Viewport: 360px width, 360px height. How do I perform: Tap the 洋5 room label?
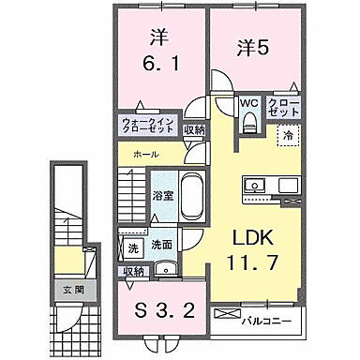[x=255, y=46]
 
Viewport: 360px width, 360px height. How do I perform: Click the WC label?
[x=247, y=103]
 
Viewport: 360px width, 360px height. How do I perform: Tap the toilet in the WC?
[x=247, y=122]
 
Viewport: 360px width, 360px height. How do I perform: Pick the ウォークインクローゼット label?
[x=144, y=127]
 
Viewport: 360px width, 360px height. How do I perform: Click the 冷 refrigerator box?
[x=286, y=137]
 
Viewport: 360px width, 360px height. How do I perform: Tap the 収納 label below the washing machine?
[x=133, y=271]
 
